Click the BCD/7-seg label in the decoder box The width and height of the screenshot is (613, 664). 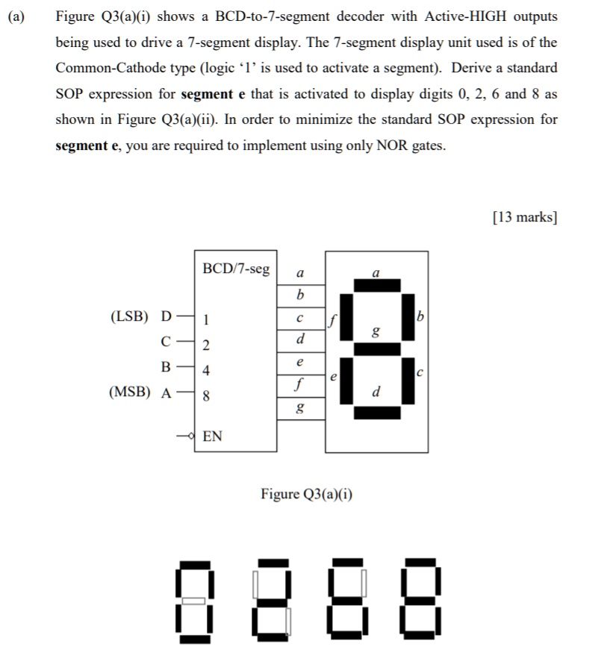click(x=236, y=269)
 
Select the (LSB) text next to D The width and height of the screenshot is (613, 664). click(x=129, y=316)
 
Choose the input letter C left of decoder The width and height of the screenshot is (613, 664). click(x=166, y=342)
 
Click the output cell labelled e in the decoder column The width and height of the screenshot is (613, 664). click(x=300, y=362)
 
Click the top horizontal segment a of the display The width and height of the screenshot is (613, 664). click(x=377, y=285)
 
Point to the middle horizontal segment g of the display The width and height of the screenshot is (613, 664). click(x=377, y=348)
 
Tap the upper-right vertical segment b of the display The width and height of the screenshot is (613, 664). click(x=408, y=316)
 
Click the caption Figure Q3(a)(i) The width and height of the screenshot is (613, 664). click(x=307, y=494)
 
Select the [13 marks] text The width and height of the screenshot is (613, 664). click(x=525, y=217)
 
